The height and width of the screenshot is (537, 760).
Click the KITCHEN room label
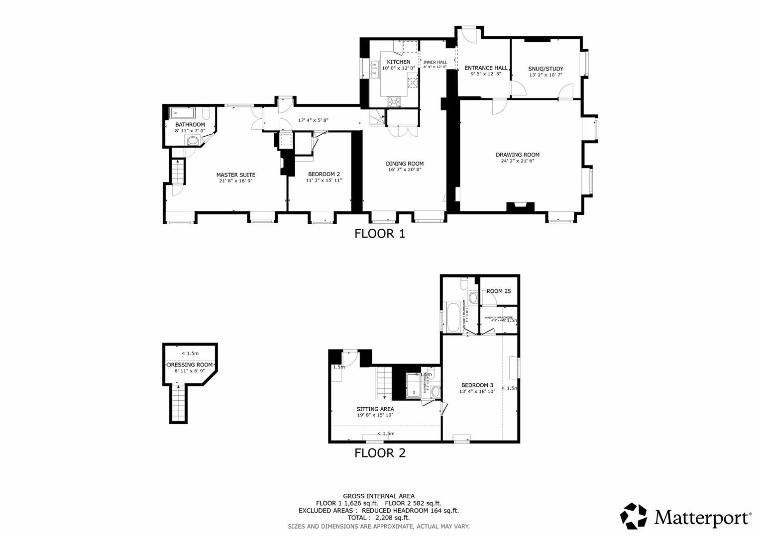point(399,62)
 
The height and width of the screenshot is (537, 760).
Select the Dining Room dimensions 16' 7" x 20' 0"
point(405,170)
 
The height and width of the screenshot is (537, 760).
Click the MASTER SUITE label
point(235,175)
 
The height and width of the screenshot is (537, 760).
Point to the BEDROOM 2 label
point(324,174)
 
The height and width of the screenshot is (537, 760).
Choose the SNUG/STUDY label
point(545,69)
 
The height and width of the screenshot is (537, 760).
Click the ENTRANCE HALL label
point(486,68)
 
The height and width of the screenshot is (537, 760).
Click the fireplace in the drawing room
point(520,207)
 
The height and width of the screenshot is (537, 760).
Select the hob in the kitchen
point(394,101)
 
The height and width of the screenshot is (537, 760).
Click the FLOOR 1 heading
point(380,233)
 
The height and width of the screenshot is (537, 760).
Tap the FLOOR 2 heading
point(380,453)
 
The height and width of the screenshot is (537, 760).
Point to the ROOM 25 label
point(499,291)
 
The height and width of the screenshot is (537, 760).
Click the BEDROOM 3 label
point(477,385)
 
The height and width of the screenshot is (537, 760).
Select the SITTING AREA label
point(375,409)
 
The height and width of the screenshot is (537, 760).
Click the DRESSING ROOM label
point(190,364)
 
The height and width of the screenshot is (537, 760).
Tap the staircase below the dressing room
point(178,403)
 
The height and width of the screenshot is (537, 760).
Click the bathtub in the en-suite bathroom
point(453,317)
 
